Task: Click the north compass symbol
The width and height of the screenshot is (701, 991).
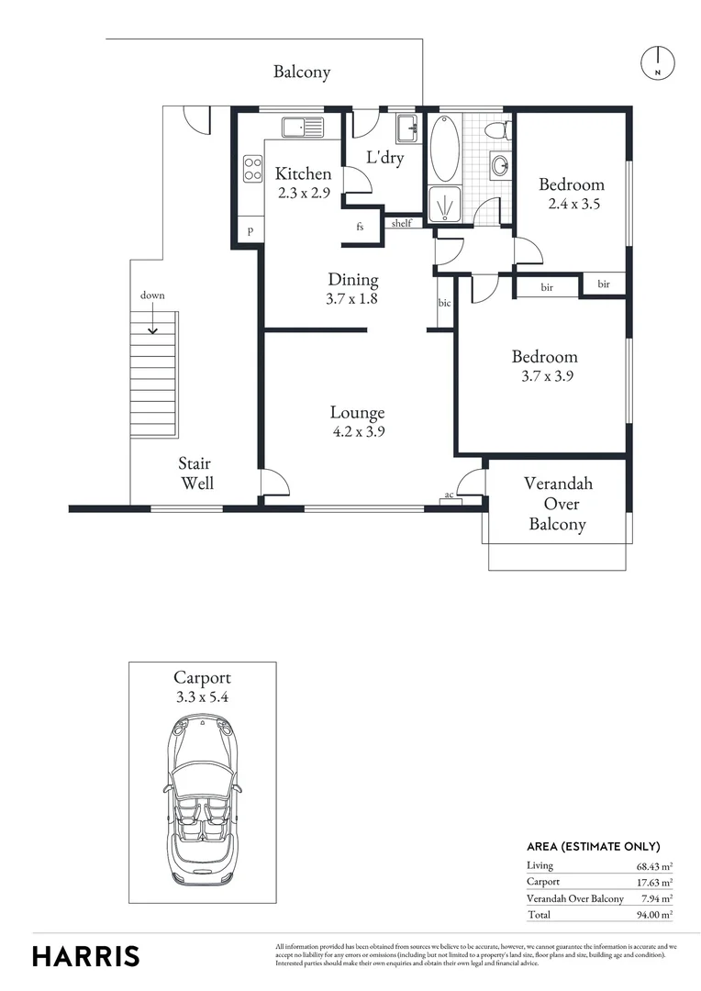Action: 657,61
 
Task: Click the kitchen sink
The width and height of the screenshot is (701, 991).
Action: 303,127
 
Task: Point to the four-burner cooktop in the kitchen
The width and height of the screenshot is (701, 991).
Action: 251,169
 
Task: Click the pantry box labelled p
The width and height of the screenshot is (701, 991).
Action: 250,230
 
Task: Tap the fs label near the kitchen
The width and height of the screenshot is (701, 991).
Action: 360,227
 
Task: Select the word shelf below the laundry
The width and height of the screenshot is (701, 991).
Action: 401,223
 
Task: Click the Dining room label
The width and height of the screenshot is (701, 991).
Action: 353,280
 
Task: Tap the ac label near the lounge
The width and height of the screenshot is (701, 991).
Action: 449,495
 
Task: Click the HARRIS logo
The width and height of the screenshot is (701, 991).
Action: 86,955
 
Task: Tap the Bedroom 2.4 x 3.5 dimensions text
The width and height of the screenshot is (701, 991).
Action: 571,205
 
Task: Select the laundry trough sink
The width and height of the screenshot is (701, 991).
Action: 407,125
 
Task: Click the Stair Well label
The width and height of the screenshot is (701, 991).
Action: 196,473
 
